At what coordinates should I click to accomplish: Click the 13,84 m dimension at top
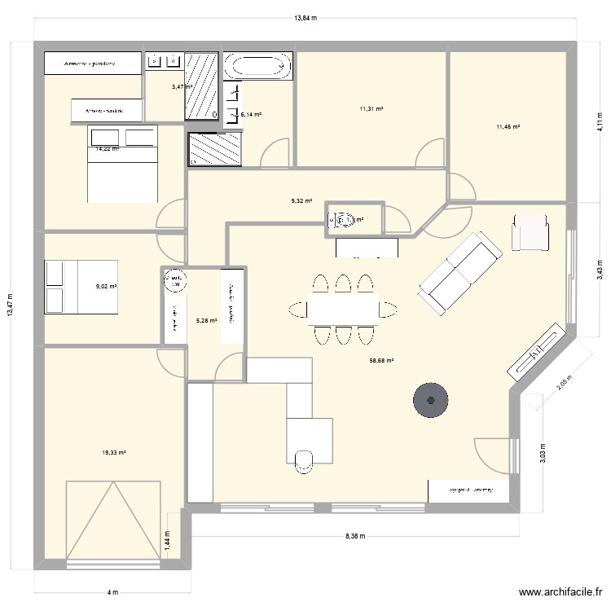click(305, 17)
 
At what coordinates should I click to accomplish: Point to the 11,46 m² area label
click(508, 126)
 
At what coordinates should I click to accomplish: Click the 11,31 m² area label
click(371, 108)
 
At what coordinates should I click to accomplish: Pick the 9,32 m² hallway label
click(301, 200)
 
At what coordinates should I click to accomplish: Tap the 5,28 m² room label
click(207, 320)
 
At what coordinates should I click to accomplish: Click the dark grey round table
click(430, 400)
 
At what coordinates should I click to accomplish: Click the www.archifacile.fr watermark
click(560, 594)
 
